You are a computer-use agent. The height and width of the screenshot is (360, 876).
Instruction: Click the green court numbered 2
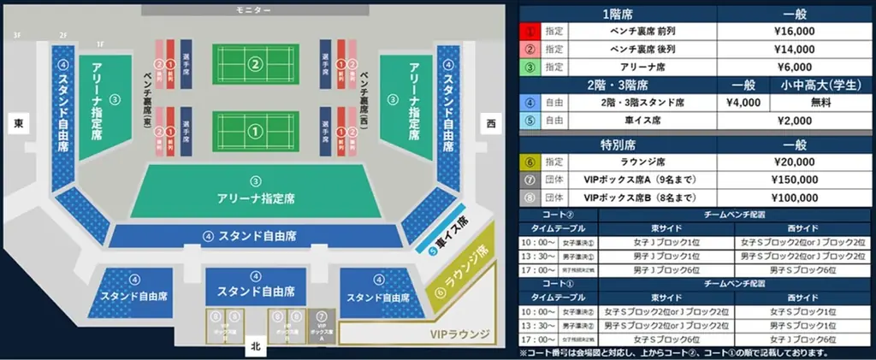[253, 63]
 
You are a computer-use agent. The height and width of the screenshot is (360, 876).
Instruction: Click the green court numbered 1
[253, 131]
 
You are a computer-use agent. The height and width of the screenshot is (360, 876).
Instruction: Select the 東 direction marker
[20, 124]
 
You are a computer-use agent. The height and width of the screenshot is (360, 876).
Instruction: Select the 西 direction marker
[491, 124]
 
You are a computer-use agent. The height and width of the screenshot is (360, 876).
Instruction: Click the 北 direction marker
[253, 346]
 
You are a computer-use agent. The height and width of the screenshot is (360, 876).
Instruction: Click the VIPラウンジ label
[453, 333]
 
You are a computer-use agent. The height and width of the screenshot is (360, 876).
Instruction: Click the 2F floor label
[62, 35]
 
